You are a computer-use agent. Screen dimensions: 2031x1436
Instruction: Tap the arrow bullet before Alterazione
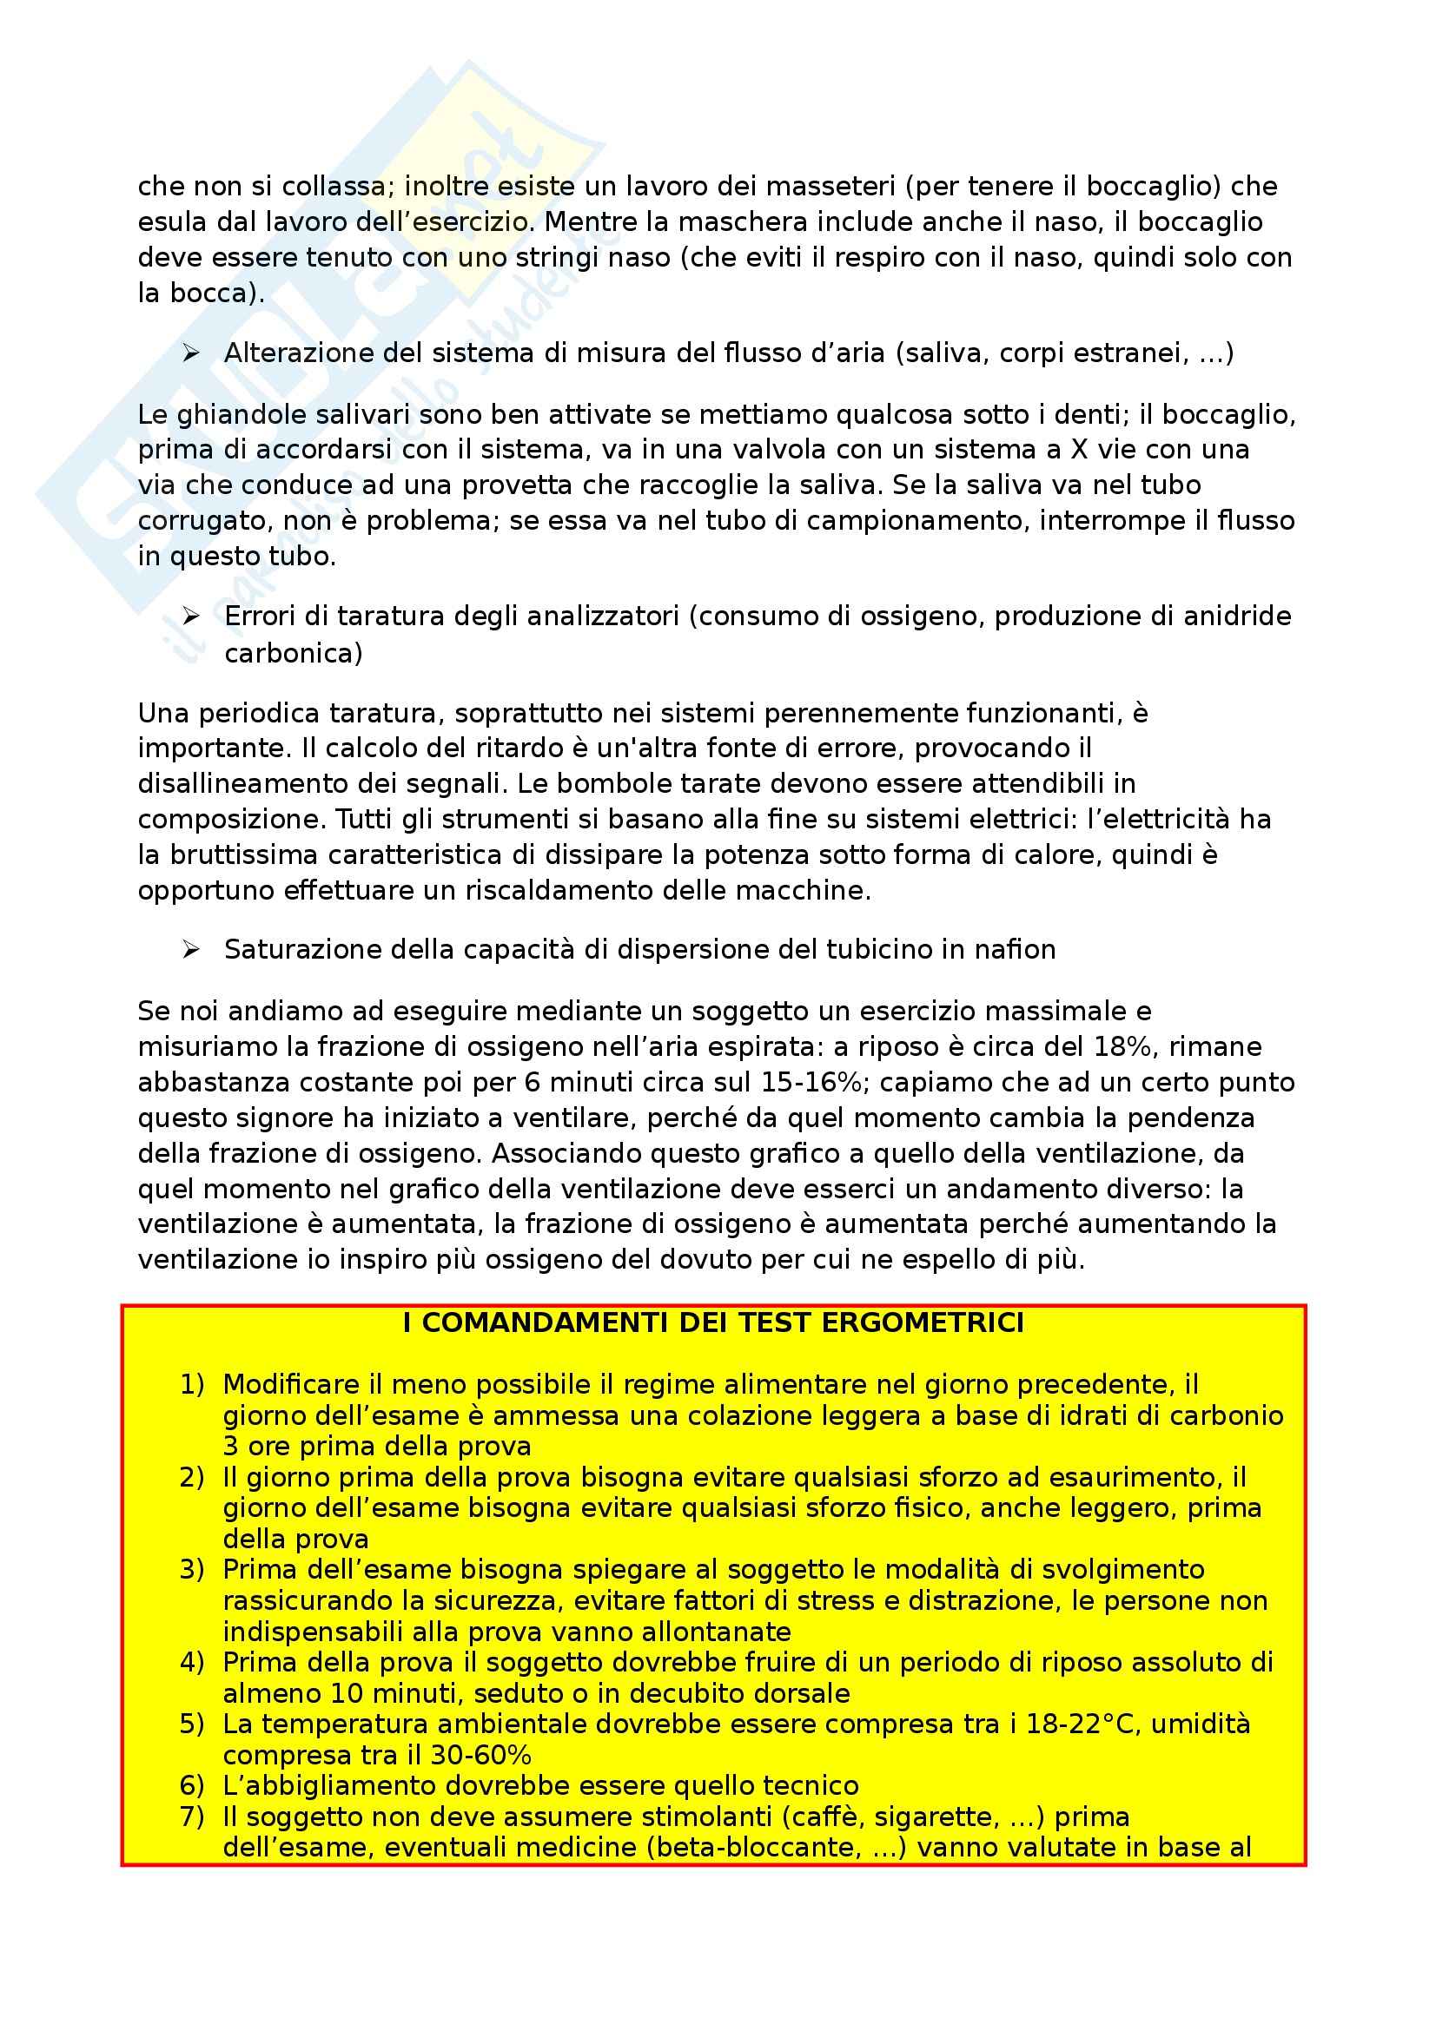191,353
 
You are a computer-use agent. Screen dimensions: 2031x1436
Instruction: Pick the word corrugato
202,521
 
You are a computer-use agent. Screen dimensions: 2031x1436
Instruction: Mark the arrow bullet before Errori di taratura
191,617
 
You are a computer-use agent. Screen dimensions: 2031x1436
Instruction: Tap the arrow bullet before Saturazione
191,950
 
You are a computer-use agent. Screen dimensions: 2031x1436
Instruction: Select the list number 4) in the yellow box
192,1663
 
